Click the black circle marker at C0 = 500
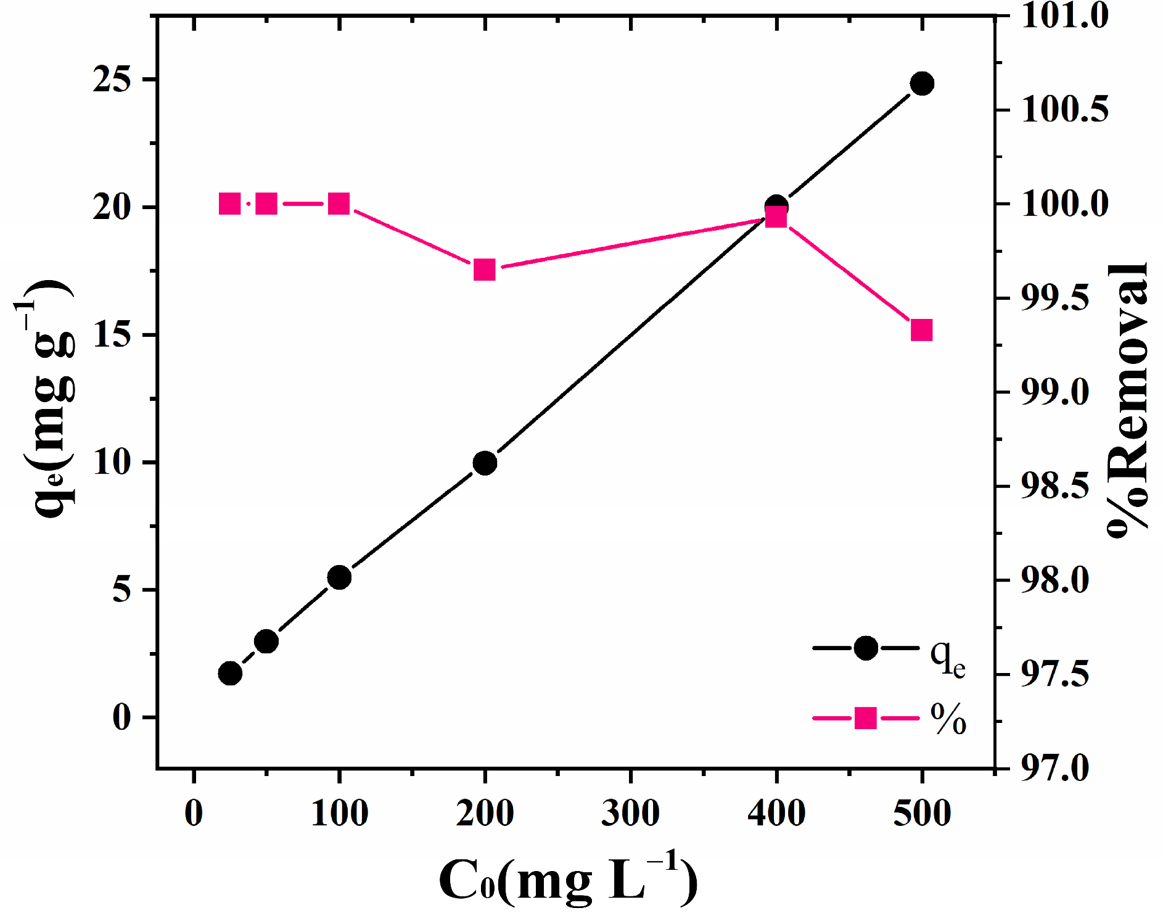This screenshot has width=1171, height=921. click(922, 83)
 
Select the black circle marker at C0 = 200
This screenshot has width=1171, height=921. click(485, 463)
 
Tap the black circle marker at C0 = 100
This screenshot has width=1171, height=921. click(339, 577)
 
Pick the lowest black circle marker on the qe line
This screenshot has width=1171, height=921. click(230, 674)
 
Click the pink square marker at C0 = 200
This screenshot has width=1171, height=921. click(485, 270)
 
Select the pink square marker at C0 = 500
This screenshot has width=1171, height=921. click(921, 330)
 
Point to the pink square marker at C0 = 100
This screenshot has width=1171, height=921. click(339, 203)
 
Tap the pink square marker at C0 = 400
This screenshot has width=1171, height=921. click(776, 217)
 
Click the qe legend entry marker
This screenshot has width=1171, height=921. click(866, 648)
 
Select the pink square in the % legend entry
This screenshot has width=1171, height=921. click(866, 718)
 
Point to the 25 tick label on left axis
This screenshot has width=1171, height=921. click(113, 80)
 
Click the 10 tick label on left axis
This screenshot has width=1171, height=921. click(113, 462)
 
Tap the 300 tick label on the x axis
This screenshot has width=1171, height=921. click(630, 813)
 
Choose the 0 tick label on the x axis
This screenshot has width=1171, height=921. click(194, 813)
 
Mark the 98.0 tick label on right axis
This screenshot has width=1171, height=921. click(1055, 580)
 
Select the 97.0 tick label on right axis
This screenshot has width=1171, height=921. click(1055, 768)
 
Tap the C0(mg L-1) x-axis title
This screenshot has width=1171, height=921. click(568, 879)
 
